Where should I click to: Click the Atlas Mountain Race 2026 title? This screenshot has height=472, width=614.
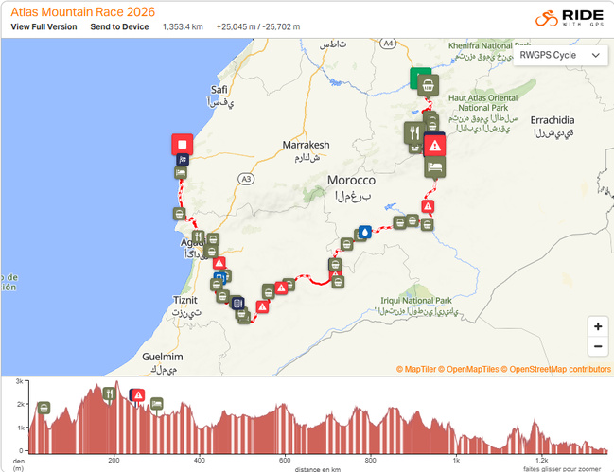point(83,11)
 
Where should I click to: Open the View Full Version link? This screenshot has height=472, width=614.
point(44,26)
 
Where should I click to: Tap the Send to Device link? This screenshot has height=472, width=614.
point(119,26)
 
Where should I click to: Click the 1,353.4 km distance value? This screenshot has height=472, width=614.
point(183,26)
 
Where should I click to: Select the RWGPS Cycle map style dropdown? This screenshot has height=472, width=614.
point(559,55)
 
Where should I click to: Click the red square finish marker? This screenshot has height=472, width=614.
point(182,145)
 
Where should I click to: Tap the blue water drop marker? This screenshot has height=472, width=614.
point(365,232)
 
